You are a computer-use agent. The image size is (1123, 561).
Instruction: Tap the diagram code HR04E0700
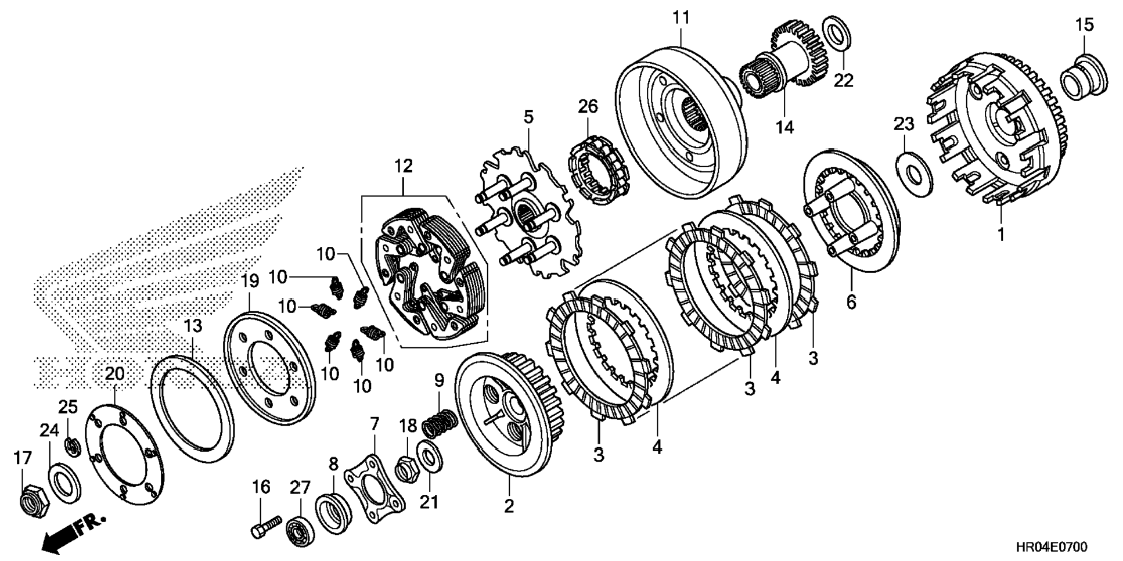(x=1052, y=546)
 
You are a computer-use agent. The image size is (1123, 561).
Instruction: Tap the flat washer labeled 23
(x=914, y=173)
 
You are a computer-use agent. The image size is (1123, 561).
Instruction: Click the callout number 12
(x=403, y=166)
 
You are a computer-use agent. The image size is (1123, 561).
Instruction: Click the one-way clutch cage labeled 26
(x=598, y=169)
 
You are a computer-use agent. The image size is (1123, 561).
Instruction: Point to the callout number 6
(x=851, y=302)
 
